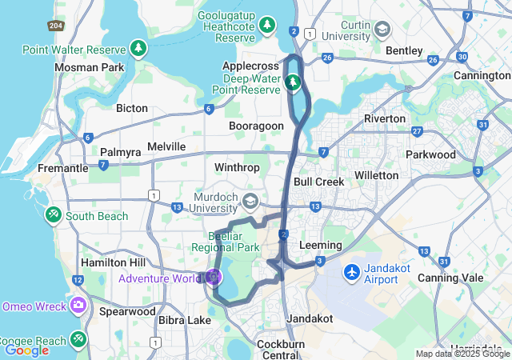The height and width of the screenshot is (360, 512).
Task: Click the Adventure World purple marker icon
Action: point(213,278)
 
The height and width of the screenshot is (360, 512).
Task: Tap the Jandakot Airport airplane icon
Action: point(351,273)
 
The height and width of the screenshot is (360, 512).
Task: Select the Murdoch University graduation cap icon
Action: point(250,200)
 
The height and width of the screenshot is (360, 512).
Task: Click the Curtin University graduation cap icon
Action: point(382,30)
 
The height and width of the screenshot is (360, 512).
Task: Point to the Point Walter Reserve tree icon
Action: point(140,50)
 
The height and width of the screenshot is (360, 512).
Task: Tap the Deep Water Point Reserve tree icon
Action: point(294,82)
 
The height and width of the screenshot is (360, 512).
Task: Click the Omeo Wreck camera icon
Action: point(78,305)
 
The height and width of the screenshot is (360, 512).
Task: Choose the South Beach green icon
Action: point(54,215)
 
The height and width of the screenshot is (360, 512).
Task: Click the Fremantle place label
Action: point(62,169)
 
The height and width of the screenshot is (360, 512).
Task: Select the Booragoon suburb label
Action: point(256,126)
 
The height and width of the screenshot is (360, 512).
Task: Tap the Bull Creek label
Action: point(318,182)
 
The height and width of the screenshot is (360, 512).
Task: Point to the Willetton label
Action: point(376,174)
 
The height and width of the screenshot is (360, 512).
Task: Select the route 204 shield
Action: point(55,26)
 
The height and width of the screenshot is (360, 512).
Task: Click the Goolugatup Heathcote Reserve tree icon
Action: point(268,26)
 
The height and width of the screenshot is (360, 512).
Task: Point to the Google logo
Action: point(26,350)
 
